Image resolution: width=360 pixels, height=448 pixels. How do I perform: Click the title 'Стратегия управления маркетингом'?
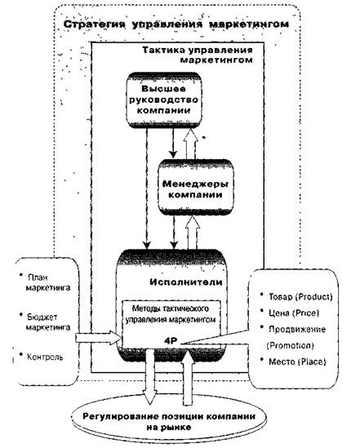click(x=176, y=24)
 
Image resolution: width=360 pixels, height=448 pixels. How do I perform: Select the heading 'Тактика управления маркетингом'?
click(x=198, y=55)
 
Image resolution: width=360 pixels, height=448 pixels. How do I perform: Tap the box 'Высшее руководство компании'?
click(x=164, y=100)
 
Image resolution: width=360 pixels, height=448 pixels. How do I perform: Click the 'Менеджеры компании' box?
click(x=196, y=188)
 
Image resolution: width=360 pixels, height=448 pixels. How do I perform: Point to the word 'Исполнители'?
click(x=186, y=282)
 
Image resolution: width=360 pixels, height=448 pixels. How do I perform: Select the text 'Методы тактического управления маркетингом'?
click(x=171, y=314)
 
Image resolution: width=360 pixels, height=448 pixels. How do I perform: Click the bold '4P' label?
click(x=171, y=340)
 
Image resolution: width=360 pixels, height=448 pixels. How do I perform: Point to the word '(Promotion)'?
click(x=290, y=346)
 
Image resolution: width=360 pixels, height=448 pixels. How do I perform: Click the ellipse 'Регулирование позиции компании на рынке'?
click(x=168, y=421)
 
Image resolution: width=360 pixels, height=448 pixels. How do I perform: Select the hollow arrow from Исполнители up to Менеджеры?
click(x=193, y=233)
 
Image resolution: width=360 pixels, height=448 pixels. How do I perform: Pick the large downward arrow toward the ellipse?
click(x=150, y=375)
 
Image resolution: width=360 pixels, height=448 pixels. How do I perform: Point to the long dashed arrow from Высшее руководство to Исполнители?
click(x=147, y=189)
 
